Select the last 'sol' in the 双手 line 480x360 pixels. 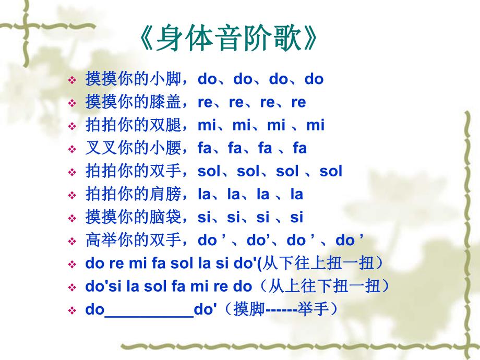(330, 171)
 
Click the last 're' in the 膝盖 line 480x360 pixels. (298, 102)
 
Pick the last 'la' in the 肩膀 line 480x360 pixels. (296, 194)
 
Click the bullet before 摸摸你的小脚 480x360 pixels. (72, 80)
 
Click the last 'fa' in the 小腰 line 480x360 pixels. (299, 148)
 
